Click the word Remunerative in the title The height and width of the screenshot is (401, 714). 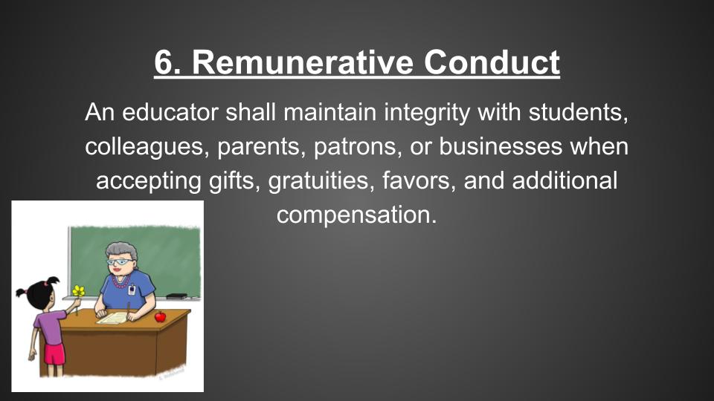303,62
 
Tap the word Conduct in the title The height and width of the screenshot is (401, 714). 492,62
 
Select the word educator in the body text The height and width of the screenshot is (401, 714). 170,112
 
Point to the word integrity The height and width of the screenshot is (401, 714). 427,113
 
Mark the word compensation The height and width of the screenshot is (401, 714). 356,215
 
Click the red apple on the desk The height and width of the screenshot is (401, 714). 161,316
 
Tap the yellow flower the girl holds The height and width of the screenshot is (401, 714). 78,291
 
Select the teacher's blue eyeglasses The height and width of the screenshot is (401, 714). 120,262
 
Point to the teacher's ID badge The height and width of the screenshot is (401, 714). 132,290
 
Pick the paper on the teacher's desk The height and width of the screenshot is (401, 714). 112,318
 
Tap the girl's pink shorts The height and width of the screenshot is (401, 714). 55,354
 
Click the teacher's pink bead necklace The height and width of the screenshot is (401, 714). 120,282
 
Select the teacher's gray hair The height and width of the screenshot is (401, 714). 122,252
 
